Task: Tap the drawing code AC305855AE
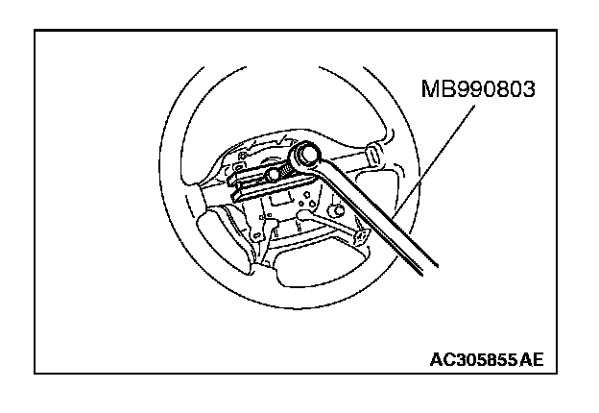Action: (x=486, y=361)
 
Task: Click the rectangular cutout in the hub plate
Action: (x=280, y=201)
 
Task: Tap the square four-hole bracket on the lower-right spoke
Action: (x=361, y=235)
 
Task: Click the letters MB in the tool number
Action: (x=434, y=89)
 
